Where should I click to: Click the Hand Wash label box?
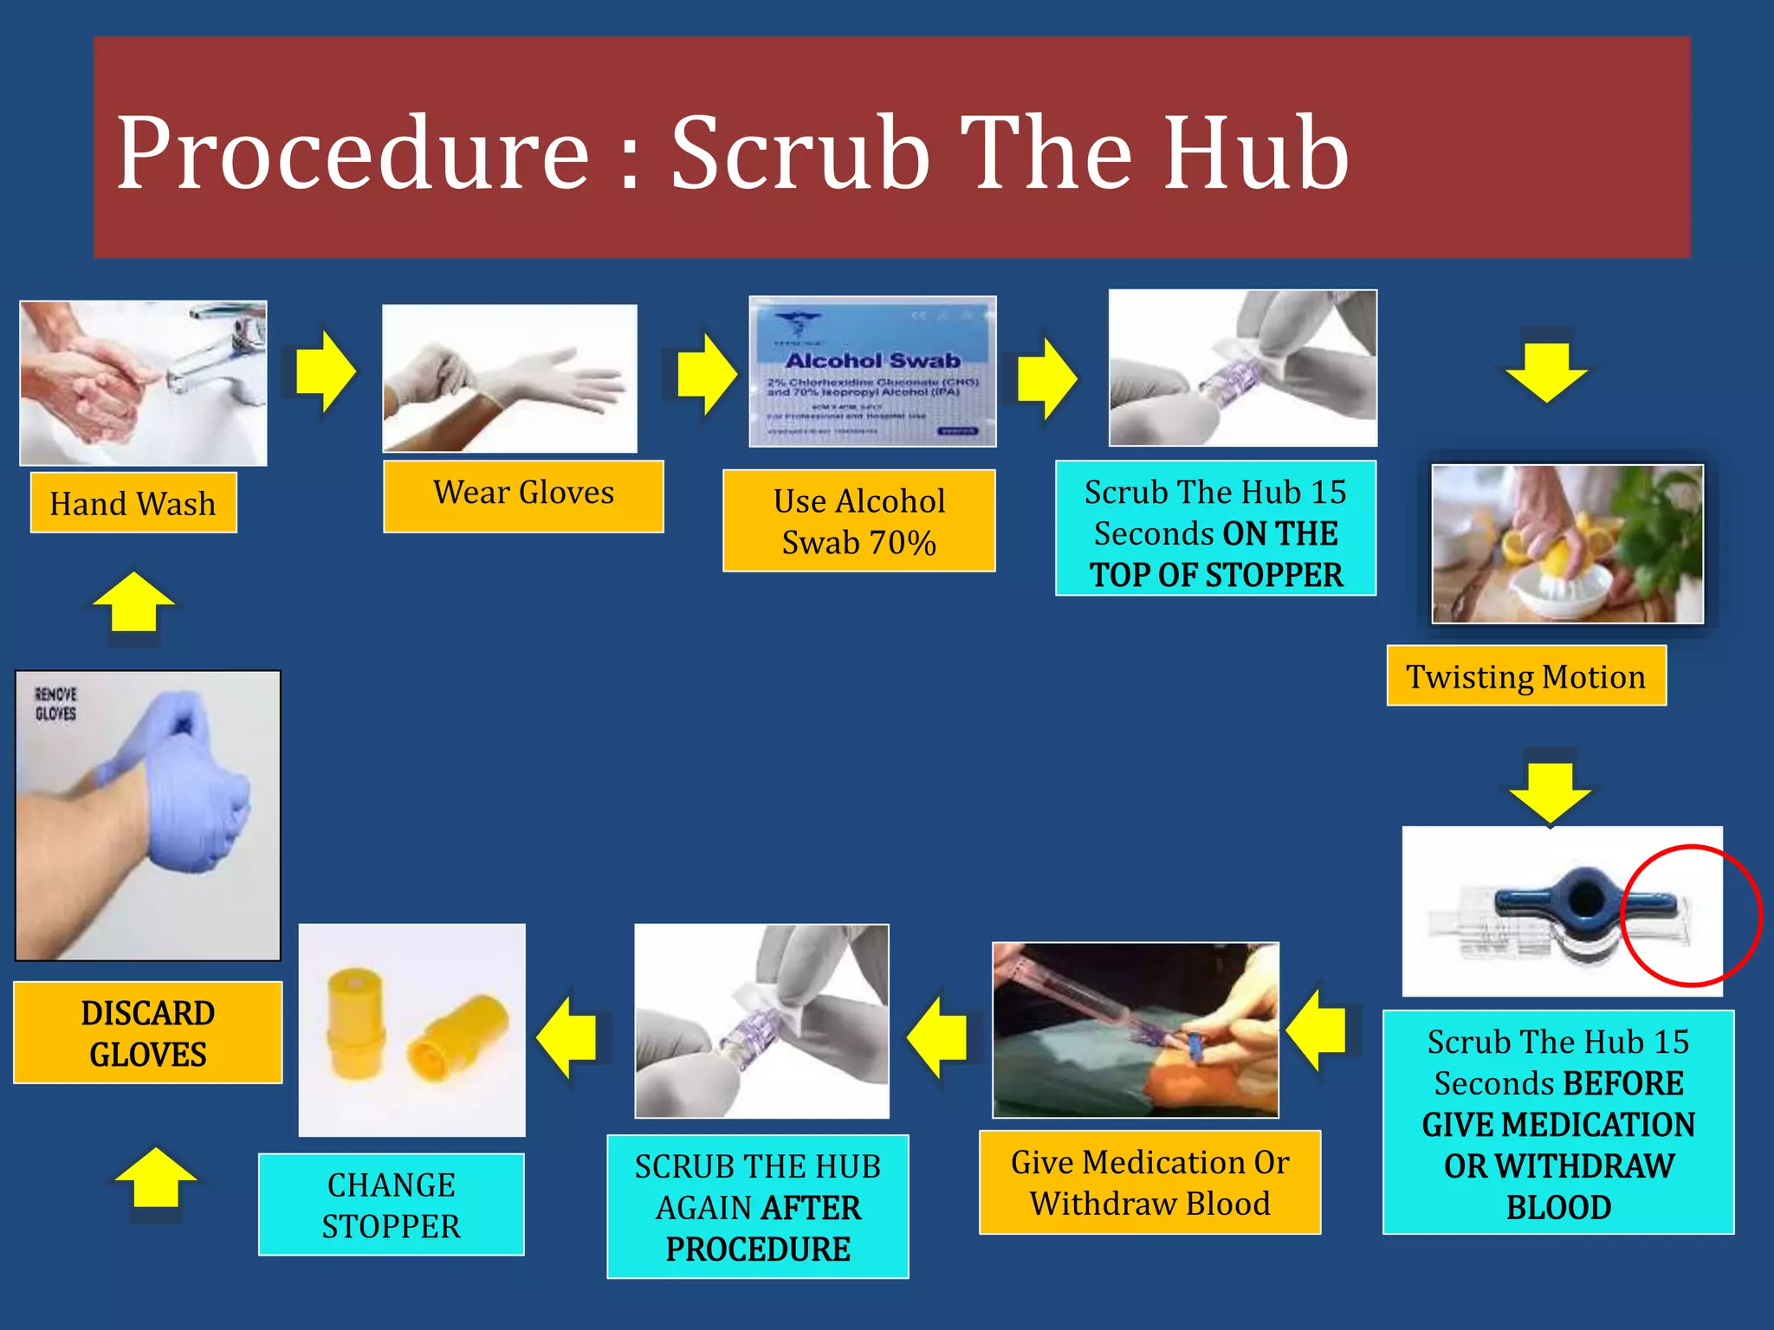(x=133, y=503)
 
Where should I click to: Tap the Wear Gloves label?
(x=523, y=495)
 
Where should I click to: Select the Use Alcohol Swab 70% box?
(x=858, y=521)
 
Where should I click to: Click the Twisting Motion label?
(x=1525, y=676)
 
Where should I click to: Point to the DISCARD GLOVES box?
(x=148, y=1033)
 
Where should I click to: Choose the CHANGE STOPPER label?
(x=391, y=1204)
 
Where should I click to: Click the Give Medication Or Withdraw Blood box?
(x=1149, y=1182)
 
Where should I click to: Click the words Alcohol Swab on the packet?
(x=872, y=360)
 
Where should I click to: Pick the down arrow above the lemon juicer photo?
(x=1547, y=371)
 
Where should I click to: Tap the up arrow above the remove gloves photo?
(x=133, y=603)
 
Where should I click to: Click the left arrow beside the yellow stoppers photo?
(x=567, y=1036)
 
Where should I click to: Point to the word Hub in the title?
(x=1255, y=153)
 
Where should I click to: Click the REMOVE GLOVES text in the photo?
(x=55, y=704)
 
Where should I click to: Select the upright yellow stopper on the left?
(x=356, y=1023)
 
